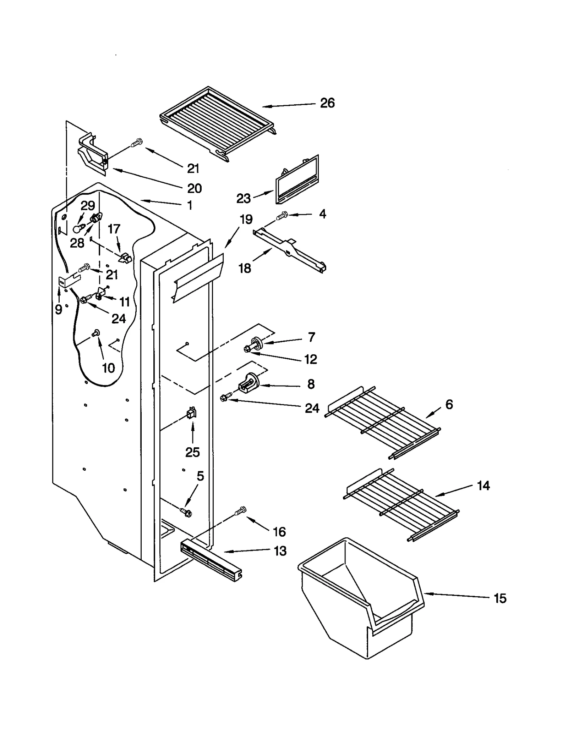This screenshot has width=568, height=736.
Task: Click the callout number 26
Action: (327, 103)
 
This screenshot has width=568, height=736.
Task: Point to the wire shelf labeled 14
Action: (401, 504)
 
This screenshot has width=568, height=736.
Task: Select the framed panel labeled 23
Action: (296, 180)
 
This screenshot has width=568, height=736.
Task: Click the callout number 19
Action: (246, 220)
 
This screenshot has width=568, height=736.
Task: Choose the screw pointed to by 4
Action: (283, 215)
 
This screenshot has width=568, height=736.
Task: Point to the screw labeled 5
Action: (186, 512)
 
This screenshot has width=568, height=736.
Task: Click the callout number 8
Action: (311, 384)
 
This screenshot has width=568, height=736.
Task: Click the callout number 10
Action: (109, 368)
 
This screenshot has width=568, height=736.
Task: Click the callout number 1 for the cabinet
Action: (190, 205)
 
